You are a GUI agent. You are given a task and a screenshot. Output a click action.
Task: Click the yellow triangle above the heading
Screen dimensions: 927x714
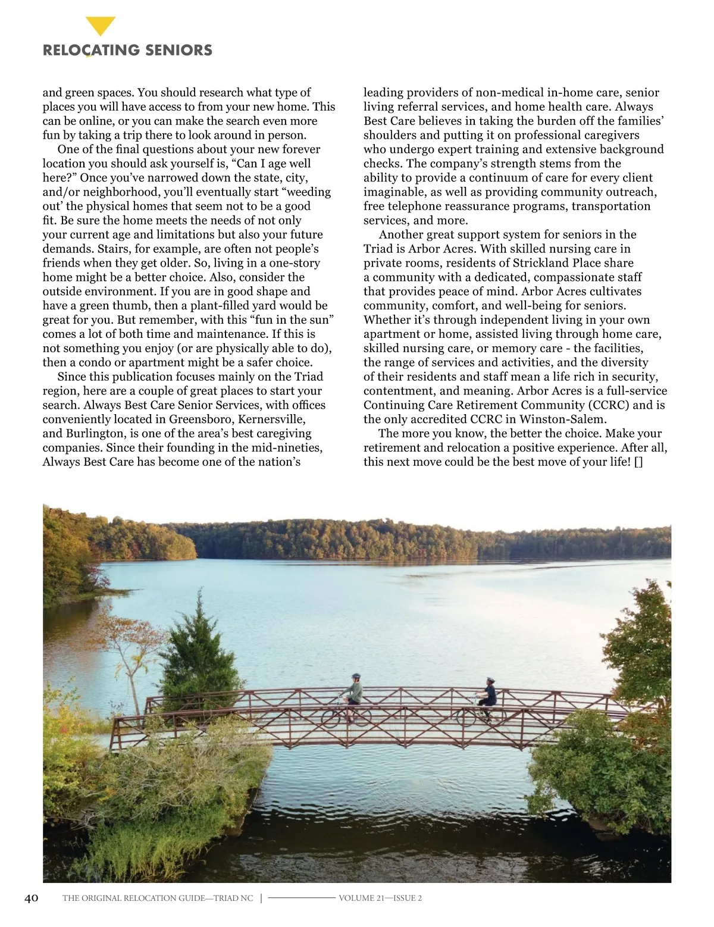click(100, 26)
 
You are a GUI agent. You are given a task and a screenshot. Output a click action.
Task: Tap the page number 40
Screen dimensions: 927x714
click(32, 898)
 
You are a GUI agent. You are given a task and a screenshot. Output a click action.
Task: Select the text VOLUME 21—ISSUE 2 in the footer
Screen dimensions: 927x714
click(380, 898)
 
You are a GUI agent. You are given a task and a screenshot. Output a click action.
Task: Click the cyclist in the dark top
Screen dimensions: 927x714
click(488, 697)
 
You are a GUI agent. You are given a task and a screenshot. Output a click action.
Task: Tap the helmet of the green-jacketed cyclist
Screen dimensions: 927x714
click(356, 677)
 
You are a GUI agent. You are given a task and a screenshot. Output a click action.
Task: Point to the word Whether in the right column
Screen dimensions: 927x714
click(387, 320)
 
